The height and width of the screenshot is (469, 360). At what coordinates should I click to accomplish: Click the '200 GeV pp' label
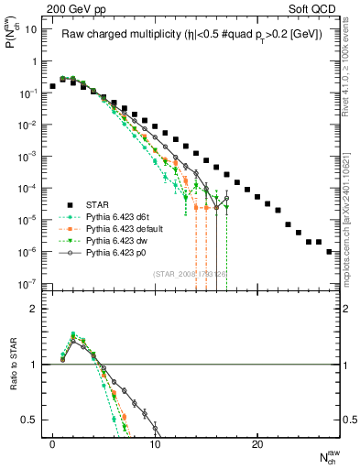pos(70,7)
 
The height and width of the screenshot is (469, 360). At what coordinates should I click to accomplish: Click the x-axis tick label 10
pos(155,444)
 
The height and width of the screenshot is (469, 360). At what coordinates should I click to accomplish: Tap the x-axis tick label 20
pos(257,444)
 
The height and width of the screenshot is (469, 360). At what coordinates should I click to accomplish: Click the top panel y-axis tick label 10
pos(29,29)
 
